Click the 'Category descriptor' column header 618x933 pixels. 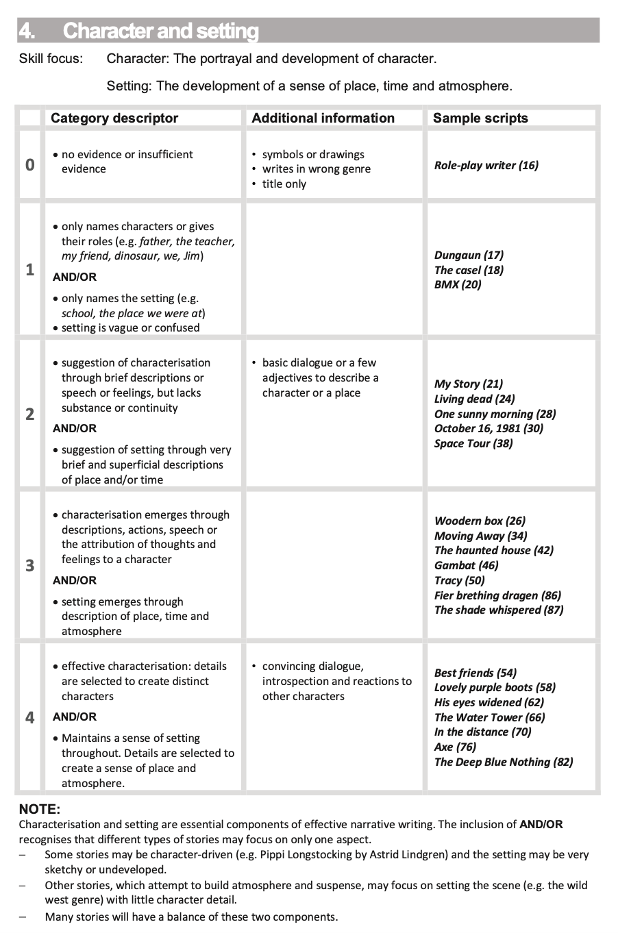114,118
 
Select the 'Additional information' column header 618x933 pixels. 323,118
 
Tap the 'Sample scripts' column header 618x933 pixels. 480,118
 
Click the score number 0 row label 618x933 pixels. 29,164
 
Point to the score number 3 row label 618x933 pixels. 29,565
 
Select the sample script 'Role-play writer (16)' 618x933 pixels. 486,165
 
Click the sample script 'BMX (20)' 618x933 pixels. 458,284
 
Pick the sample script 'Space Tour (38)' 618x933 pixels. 473,443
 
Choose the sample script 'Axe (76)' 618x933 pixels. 455,747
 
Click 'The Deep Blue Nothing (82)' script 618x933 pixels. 504,762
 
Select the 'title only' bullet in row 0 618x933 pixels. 284,184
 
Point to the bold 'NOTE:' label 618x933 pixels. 40,809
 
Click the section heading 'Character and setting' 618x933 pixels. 161,31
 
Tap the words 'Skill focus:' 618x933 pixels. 51,59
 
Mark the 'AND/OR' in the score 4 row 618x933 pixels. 75,717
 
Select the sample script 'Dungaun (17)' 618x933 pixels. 469,255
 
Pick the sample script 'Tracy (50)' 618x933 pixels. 459,580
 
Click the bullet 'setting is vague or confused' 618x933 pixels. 130,327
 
